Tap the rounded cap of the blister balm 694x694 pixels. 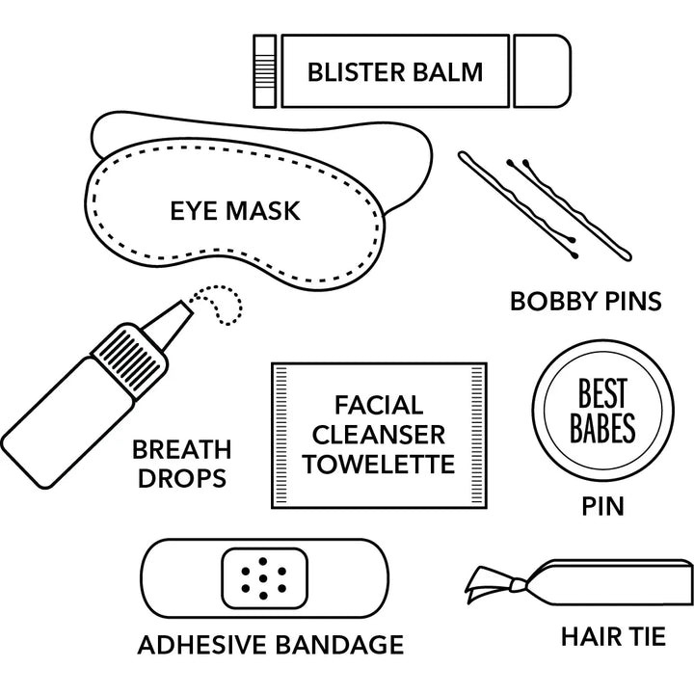pyautogui.click(x=542, y=70)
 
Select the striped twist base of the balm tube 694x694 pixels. pyautogui.click(x=265, y=70)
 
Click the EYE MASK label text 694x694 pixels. pyautogui.click(x=235, y=211)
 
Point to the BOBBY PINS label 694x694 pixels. pyautogui.click(x=586, y=301)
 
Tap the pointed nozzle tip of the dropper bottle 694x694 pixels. pyautogui.click(x=187, y=307)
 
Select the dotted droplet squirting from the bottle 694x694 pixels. pyautogui.click(x=219, y=305)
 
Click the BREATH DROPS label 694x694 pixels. pyautogui.click(x=182, y=464)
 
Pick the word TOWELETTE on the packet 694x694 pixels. pyautogui.click(x=379, y=464)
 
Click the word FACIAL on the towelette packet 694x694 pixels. pyautogui.click(x=379, y=405)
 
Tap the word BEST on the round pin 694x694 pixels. pyautogui.click(x=602, y=393)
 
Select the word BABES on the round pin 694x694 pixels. pyautogui.click(x=602, y=428)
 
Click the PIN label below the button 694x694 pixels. pyautogui.click(x=602, y=506)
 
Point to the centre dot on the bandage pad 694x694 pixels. pyautogui.click(x=263, y=578)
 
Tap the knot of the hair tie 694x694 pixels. pyautogui.click(x=517, y=585)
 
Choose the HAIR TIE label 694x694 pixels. pyautogui.click(x=613, y=636)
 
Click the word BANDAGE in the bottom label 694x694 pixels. pyautogui.click(x=339, y=645)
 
